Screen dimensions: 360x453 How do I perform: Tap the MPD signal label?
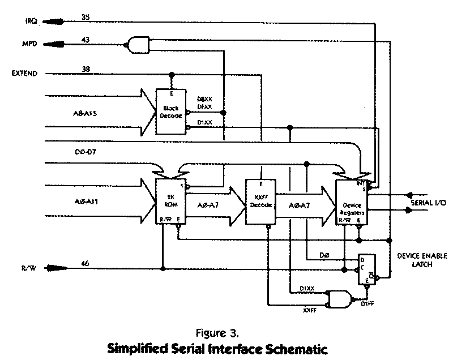(30, 43)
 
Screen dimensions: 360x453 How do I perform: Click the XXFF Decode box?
(260, 203)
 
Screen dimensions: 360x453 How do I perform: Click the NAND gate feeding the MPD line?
(138, 43)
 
